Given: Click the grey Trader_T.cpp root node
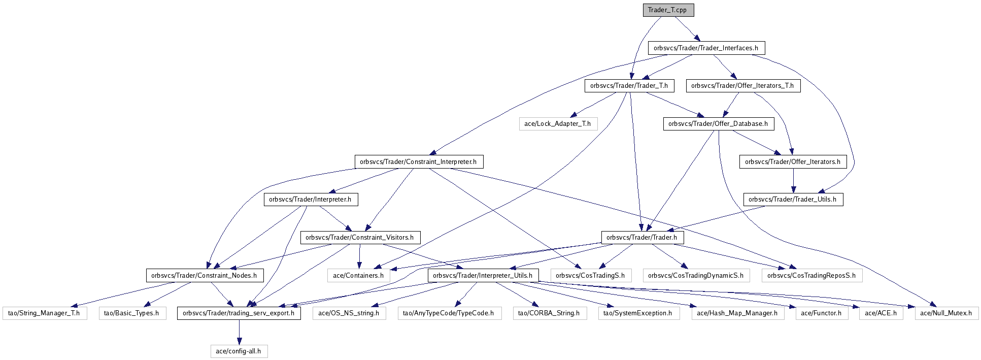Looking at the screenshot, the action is pos(667,10).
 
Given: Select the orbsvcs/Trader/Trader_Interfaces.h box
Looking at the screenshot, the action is pos(706,48).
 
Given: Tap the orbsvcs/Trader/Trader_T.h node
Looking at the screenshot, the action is pos(629,86).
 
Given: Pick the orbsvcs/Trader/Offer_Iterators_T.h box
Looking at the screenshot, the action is pos(742,86).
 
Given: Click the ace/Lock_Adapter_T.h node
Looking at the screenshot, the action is pos(557,124).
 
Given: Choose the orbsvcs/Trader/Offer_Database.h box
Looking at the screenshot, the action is pos(718,124).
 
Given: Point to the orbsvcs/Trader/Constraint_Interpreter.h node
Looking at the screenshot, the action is pos(418,162).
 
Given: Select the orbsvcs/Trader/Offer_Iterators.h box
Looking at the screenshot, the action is pos(793,162).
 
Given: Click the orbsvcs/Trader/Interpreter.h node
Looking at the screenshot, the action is pos(310,200).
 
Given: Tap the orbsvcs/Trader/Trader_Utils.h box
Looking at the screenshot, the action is pos(793,200).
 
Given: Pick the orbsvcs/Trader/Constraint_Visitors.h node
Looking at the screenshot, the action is pos(360,238).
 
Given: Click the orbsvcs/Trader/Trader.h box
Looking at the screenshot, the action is pos(642,238).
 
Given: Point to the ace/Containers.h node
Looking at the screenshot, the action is pos(358,276).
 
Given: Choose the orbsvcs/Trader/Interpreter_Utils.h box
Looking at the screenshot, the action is pos(483,276).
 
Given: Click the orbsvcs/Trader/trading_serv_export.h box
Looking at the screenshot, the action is pos(239,313).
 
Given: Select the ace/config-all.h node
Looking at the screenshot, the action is pos(239,351).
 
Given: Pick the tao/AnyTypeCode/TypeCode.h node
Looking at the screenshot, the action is pos(449,313).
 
